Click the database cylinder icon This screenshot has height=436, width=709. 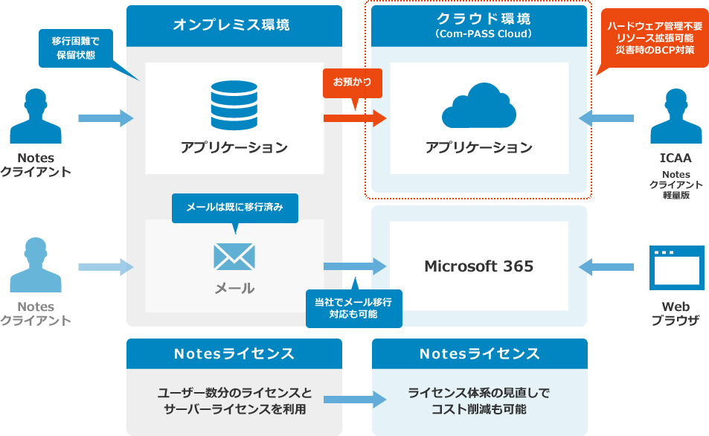pyautogui.click(x=234, y=106)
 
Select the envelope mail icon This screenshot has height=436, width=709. pyautogui.click(x=234, y=256)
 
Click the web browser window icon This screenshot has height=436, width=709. pyautogui.click(x=676, y=267)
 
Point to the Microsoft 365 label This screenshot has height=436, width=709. pyautogui.click(x=478, y=266)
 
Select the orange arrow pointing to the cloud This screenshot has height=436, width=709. pyautogui.click(x=355, y=118)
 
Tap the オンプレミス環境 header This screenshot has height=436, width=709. pyautogui.click(x=234, y=25)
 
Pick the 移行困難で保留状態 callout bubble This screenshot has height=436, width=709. pyautogui.click(x=74, y=48)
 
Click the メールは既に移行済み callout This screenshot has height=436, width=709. pyautogui.click(x=234, y=208)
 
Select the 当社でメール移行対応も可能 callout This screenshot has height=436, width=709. pyautogui.click(x=353, y=308)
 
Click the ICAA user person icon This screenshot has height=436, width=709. pyautogui.click(x=676, y=117)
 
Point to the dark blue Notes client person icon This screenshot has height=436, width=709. pyautogui.click(x=36, y=117)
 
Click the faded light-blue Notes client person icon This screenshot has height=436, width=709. pyautogui.click(x=36, y=266)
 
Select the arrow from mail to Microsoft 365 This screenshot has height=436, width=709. pyautogui.click(x=355, y=266)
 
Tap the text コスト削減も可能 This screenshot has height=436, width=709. pyautogui.click(x=478, y=409)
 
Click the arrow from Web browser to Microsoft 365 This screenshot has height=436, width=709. pyautogui.click(x=606, y=266)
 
